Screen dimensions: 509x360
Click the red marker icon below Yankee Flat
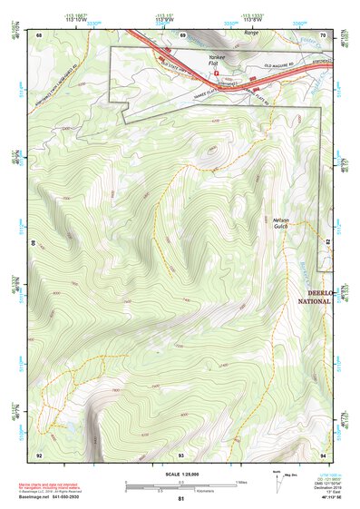(x=216, y=72)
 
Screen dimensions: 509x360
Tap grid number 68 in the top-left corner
(x=39, y=34)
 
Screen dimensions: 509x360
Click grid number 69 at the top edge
(x=182, y=34)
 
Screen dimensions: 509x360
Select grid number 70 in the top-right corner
(x=323, y=34)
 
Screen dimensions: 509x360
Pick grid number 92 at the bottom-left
(x=39, y=454)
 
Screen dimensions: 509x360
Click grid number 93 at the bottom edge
(x=181, y=454)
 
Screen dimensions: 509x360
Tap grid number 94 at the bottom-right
(x=323, y=454)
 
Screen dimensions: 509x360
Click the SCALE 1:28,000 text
(x=181, y=475)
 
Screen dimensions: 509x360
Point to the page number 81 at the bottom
(x=181, y=499)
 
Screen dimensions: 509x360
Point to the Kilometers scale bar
(x=181, y=489)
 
